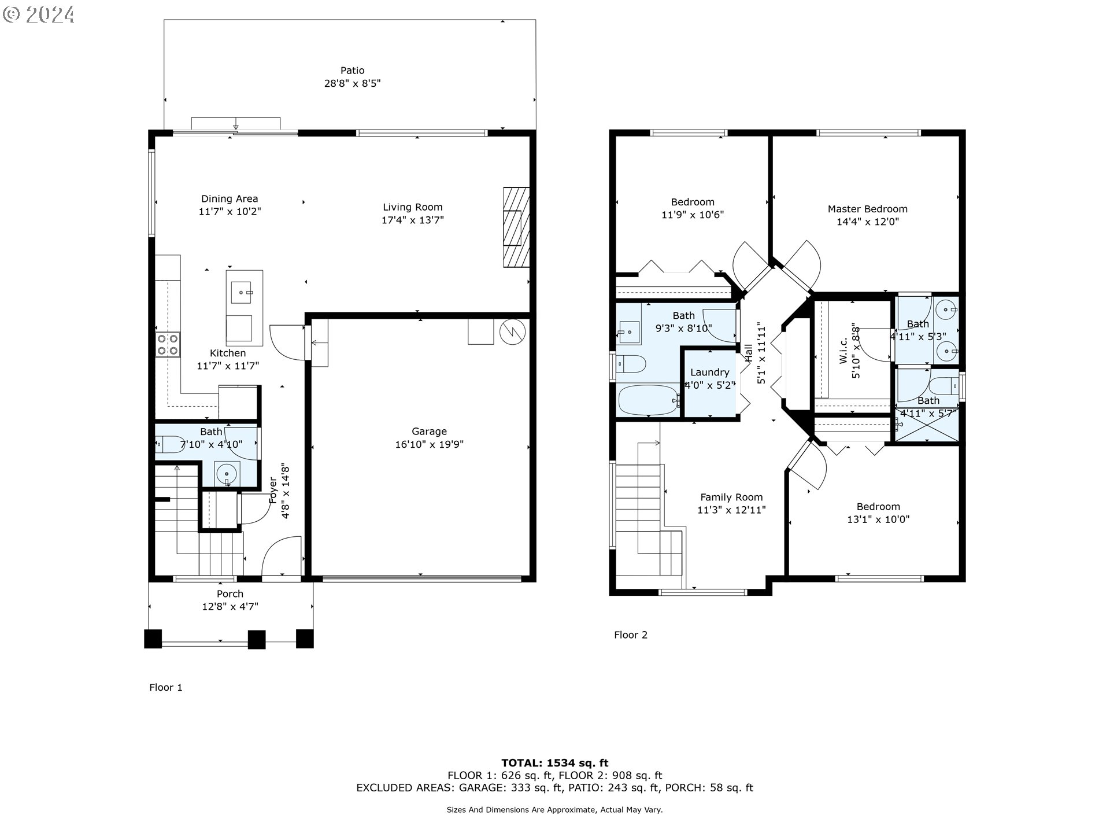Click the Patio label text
coord(352,71)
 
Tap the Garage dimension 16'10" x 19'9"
coord(429,444)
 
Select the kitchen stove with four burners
coord(168,344)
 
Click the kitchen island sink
coord(245,293)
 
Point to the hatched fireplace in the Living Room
coord(516,227)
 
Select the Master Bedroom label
coord(867,209)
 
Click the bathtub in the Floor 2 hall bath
coord(647,400)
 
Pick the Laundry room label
coord(709,373)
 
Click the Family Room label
coord(731,497)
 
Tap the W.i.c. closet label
coord(843,351)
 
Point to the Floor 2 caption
coord(631,635)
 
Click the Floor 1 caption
coord(166,687)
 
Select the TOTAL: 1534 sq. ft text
coord(554,763)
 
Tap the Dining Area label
coord(230,198)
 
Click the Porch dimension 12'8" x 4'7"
coord(230,607)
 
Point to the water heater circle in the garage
coord(512,331)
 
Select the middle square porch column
coord(256,639)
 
